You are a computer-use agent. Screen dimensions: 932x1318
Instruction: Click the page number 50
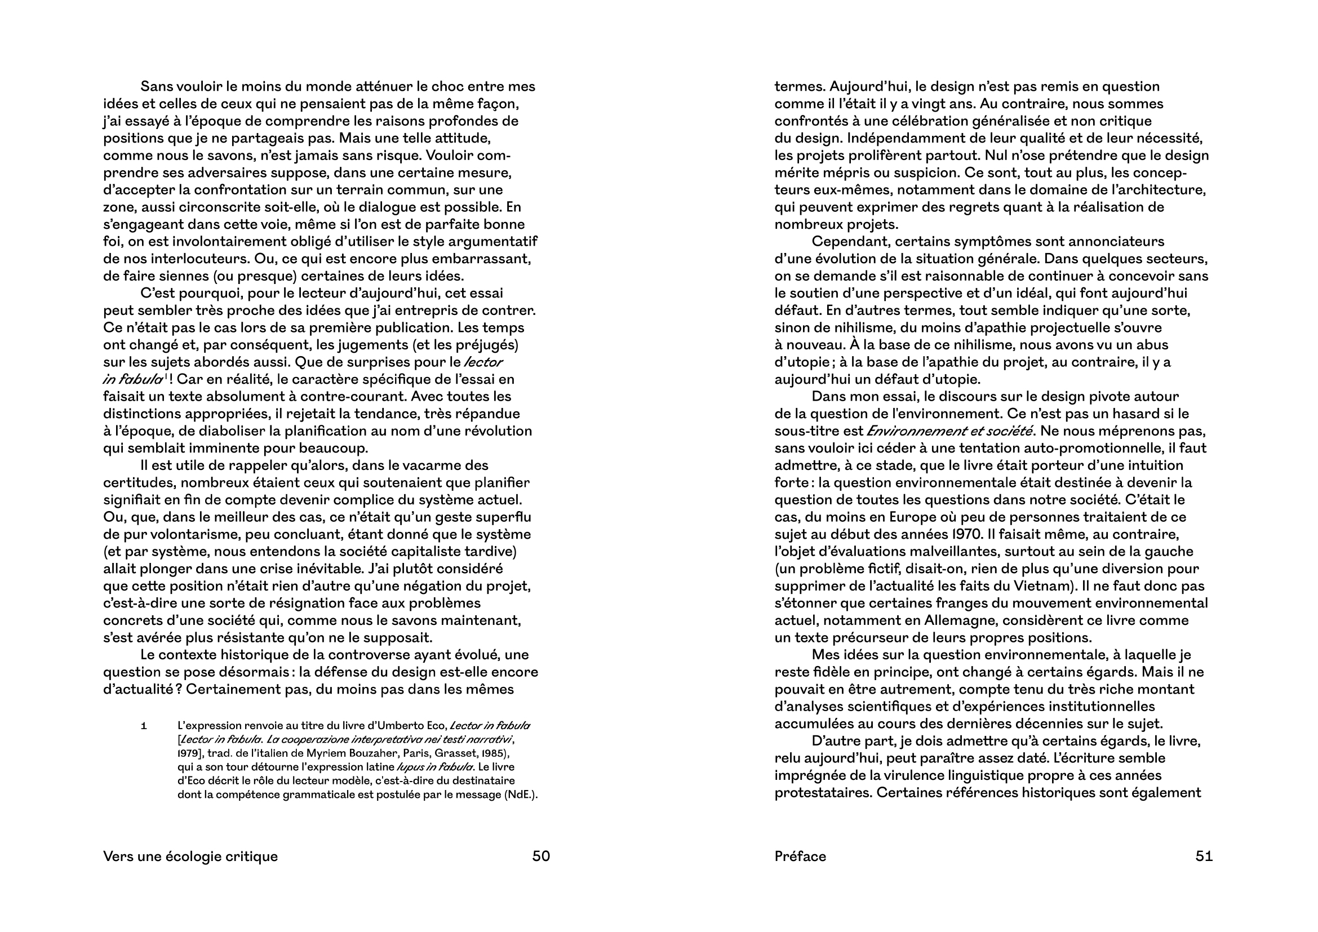pyautogui.click(x=541, y=856)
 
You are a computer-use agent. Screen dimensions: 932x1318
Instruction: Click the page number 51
pyautogui.click(x=1204, y=856)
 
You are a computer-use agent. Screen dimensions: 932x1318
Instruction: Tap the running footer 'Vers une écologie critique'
pyautogui.click(x=190, y=856)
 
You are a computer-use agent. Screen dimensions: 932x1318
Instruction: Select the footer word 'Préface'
pyautogui.click(x=800, y=856)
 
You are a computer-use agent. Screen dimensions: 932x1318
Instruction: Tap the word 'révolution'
pyautogui.click(x=501, y=431)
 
